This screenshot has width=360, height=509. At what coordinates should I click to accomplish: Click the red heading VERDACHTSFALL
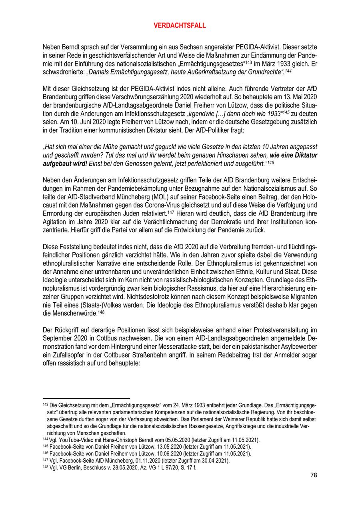pos(180,25)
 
